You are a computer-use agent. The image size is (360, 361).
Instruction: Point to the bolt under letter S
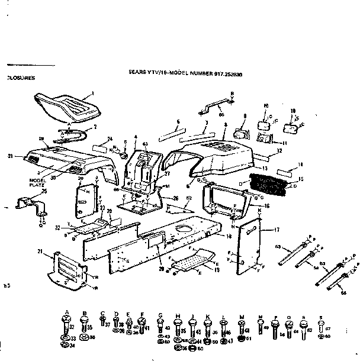pos(320,326)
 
